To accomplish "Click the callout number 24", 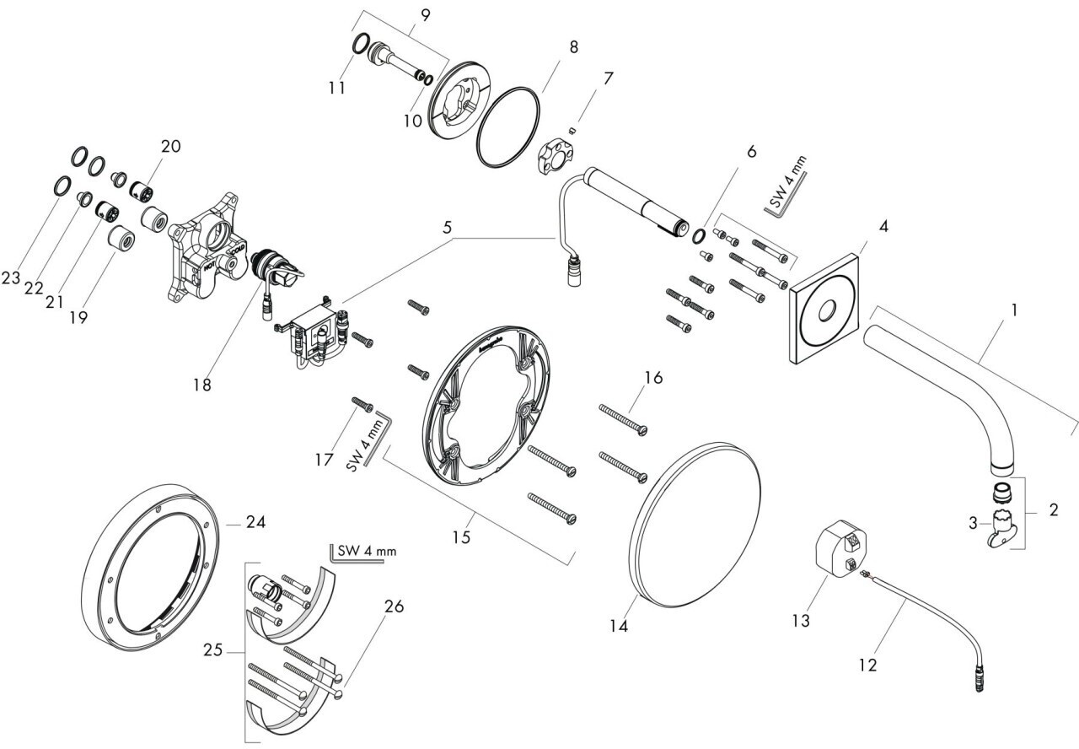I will pos(255,523).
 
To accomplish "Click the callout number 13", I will pos(801,621).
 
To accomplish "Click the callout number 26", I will pos(394,606).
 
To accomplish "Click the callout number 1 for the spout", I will pos(1015,310).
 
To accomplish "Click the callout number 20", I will pos(171,146).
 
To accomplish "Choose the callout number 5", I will pos(448,228).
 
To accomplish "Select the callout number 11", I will pos(337,87).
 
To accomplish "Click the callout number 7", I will pos(607,78).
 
